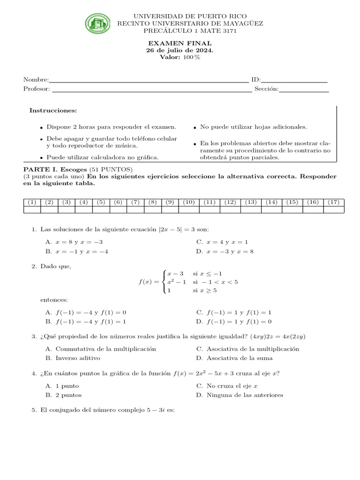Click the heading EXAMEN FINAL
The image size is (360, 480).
coord(180,43)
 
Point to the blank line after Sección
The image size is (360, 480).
coord(304,89)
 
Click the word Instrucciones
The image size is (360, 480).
coord(53,111)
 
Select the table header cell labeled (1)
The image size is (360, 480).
coord(32,202)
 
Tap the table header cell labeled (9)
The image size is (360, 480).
coord(170,202)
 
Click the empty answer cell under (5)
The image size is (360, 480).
coord(101,210)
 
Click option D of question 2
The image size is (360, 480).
coord(234,322)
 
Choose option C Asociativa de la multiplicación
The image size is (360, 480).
coord(247,349)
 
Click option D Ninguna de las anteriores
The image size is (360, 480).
coord(240,395)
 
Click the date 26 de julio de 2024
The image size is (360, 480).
coord(180,50)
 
